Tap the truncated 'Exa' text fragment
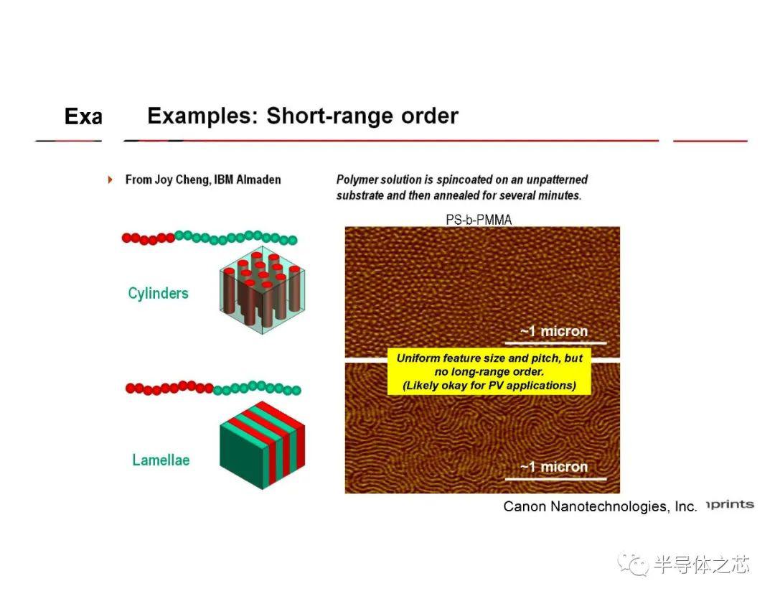[83, 117]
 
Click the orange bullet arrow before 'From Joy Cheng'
[110, 180]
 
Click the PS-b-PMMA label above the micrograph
[479, 220]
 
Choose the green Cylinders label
[158, 293]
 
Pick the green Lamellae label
[161, 460]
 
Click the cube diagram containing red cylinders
[263, 290]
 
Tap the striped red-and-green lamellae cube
[263, 445]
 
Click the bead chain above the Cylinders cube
[210, 238]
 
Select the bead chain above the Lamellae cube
[213, 389]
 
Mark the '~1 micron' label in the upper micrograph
[554, 331]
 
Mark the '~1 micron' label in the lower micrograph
[554, 466]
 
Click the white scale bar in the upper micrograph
[555, 343]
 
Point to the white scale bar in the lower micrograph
[555, 478]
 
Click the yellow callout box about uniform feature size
[489, 371]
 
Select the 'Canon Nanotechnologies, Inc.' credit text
[600, 506]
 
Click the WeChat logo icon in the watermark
[633, 564]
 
